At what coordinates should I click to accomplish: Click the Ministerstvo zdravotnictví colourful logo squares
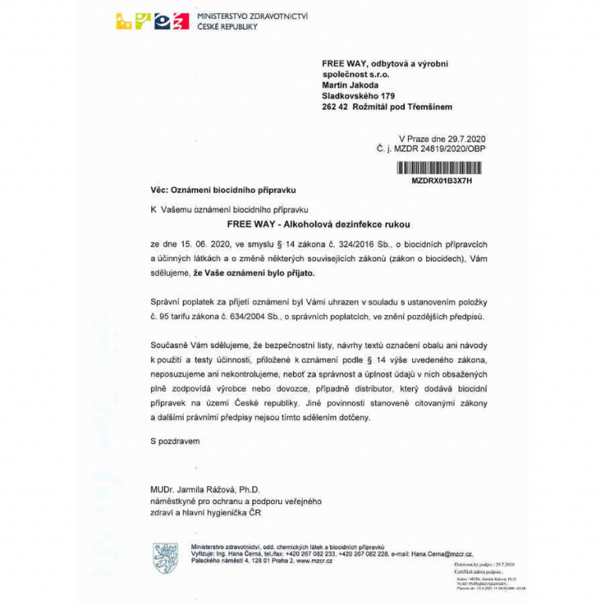[152, 21]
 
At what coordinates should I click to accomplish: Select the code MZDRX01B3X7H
[441, 180]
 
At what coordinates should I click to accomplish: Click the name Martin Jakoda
[351, 85]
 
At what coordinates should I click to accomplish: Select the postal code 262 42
[335, 106]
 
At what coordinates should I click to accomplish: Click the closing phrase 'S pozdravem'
[175, 441]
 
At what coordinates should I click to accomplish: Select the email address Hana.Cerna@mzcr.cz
[435, 555]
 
